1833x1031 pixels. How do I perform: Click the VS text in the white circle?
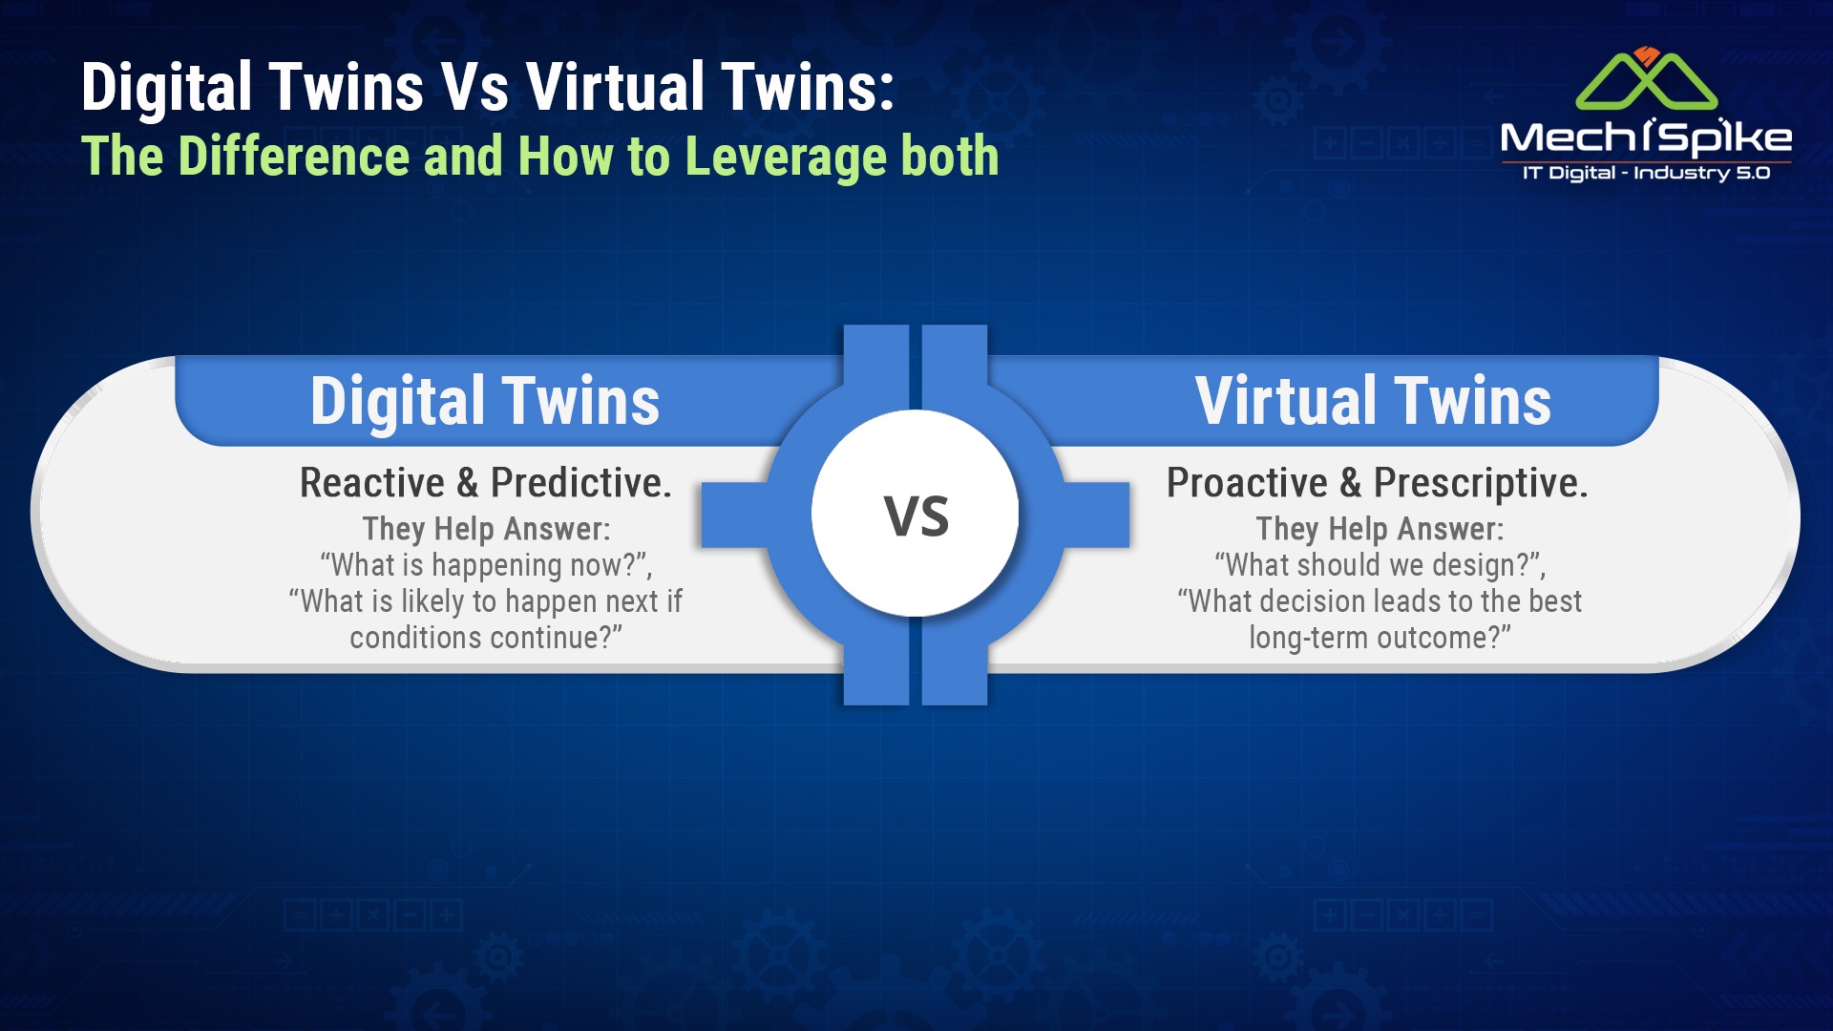pos(916,516)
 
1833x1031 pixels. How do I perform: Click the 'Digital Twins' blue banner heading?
pos(485,400)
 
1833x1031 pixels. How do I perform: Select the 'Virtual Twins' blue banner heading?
pos(1373,400)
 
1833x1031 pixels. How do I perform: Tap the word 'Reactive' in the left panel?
pos(372,483)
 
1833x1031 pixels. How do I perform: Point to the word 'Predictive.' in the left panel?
pos(581,483)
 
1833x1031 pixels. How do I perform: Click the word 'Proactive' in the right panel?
pos(1247,483)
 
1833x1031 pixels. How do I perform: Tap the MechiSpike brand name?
pos(1646,138)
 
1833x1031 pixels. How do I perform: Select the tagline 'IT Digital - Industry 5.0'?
pos(1646,173)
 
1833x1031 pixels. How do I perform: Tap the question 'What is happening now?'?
pos(486,565)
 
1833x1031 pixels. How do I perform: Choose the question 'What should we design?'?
pos(1380,565)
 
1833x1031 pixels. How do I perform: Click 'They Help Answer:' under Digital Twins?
pos(486,529)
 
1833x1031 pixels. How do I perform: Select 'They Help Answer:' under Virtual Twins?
pos(1380,529)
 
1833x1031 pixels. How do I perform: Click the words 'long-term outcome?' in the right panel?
pos(1380,638)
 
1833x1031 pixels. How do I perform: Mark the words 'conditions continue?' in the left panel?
pos(486,638)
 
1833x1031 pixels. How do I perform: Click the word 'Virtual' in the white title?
pos(616,87)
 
